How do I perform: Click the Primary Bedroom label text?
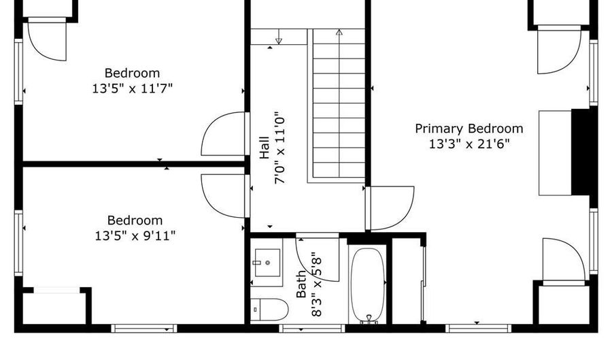click(x=469, y=129)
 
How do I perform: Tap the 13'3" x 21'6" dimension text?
click(x=469, y=144)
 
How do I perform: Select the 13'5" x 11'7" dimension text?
click(x=132, y=88)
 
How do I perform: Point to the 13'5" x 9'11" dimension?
click(x=135, y=236)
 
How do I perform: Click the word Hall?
click(x=265, y=147)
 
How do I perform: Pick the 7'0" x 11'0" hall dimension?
click(x=281, y=150)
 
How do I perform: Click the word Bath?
click(x=301, y=284)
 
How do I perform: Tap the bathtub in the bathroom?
click(x=367, y=285)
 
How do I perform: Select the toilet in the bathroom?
click(x=269, y=310)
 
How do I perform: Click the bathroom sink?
click(x=267, y=263)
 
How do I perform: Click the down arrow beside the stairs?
click(x=279, y=37)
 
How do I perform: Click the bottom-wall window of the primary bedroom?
click(x=479, y=329)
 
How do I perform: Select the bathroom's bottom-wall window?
click(x=312, y=329)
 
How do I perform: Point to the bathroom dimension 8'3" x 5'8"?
click(x=316, y=284)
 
